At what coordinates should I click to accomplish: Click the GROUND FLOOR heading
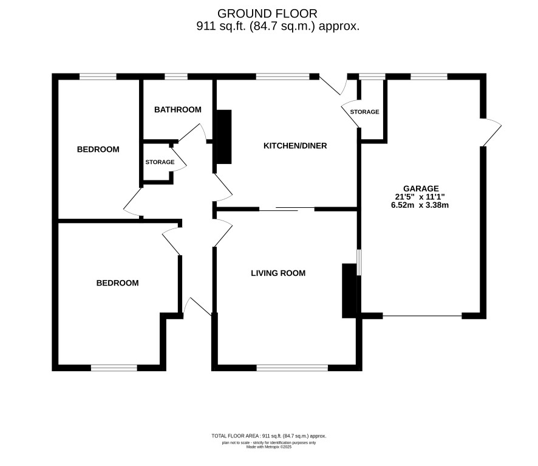coord(267,14)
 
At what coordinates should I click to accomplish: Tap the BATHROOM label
coord(178,109)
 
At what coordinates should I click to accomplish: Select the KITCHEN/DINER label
coord(295,146)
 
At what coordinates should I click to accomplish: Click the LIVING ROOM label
coord(278,273)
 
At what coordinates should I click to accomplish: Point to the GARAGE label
coord(421,188)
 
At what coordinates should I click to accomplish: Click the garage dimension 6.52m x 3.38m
coord(420,205)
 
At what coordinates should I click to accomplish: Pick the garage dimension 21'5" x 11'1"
coord(420,197)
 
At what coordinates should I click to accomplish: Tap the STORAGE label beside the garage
coord(364,112)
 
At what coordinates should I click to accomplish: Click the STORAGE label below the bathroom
coord(160,162)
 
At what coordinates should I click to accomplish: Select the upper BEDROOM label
coord(98,149)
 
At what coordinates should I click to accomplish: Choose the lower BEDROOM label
coord(117,283)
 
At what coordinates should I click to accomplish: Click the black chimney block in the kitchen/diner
coord(224,137)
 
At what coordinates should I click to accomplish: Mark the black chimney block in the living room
coord(349,290)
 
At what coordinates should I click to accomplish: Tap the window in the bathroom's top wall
coord(176,77)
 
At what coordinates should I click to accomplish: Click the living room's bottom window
coord(292,368)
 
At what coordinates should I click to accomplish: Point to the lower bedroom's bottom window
coord(114,368)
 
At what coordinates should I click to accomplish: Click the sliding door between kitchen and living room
coord(287,208)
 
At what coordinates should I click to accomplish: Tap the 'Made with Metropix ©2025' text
coord(269,447)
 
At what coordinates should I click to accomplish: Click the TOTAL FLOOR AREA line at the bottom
coord(269,436)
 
